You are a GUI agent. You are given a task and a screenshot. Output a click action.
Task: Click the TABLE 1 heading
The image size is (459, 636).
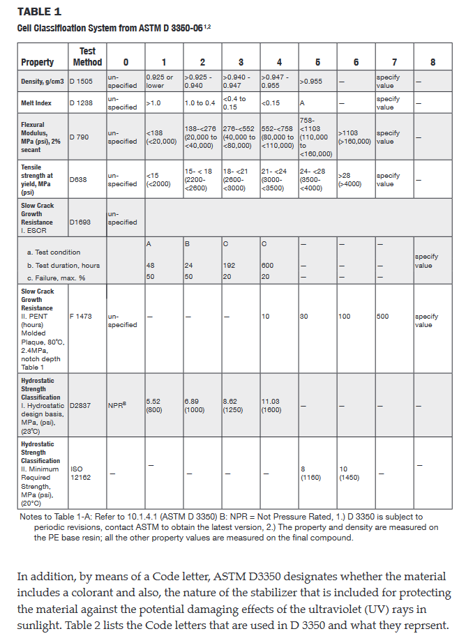tap(39, 12)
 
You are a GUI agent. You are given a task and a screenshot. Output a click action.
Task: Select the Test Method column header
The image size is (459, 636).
tap(87, 56)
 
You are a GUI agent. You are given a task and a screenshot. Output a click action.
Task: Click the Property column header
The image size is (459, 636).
tap(37, 62)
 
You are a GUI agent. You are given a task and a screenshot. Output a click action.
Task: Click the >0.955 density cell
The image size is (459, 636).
tap(312, 81)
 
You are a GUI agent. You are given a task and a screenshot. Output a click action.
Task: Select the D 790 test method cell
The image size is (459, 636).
tap(80, 137)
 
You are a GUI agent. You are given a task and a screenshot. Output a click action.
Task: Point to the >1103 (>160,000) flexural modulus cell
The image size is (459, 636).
tap(354, 137)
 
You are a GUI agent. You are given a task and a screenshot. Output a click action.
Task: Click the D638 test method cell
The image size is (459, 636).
tap(78, 180)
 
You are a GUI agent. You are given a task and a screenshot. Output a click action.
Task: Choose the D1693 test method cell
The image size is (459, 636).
tap(80, 222)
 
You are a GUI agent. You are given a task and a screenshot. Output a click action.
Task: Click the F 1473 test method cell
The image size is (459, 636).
tap(81, 316)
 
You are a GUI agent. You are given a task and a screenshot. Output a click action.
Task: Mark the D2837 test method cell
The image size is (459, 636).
tap(81, 405)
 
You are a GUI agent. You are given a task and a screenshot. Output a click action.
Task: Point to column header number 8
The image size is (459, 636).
tap(433, 62)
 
